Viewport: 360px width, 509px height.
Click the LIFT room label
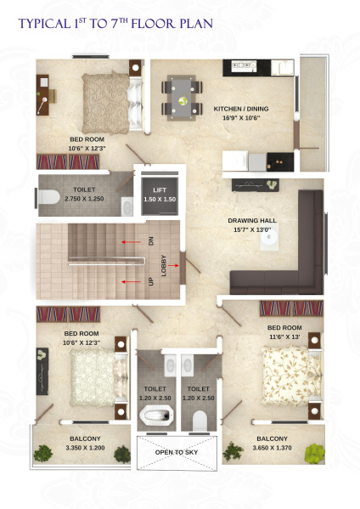[160, 189]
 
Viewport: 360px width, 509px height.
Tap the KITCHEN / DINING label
[241, 109]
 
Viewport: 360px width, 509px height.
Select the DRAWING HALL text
[252, 220]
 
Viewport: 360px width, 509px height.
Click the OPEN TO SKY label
[177, 452]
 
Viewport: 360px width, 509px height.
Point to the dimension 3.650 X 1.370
[272, 448]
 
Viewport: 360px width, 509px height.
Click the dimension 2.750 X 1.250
[84, 199]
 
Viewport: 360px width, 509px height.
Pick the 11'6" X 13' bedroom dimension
[284, 337]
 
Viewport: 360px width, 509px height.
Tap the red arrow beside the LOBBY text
[173, 265]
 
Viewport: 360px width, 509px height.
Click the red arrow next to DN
[131, 242]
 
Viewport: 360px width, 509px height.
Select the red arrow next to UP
[131, 282]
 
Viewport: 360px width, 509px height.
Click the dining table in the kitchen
[182, 99]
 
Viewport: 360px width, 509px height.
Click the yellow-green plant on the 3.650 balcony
[315, 453]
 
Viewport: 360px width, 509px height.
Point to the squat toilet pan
[156, 415]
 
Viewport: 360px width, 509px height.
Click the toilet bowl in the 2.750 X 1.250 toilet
[49, 197]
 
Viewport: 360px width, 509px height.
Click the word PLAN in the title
[196, 24]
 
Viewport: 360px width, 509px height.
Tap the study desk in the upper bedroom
[42, 95]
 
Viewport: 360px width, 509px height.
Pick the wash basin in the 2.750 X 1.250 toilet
[127, 206]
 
